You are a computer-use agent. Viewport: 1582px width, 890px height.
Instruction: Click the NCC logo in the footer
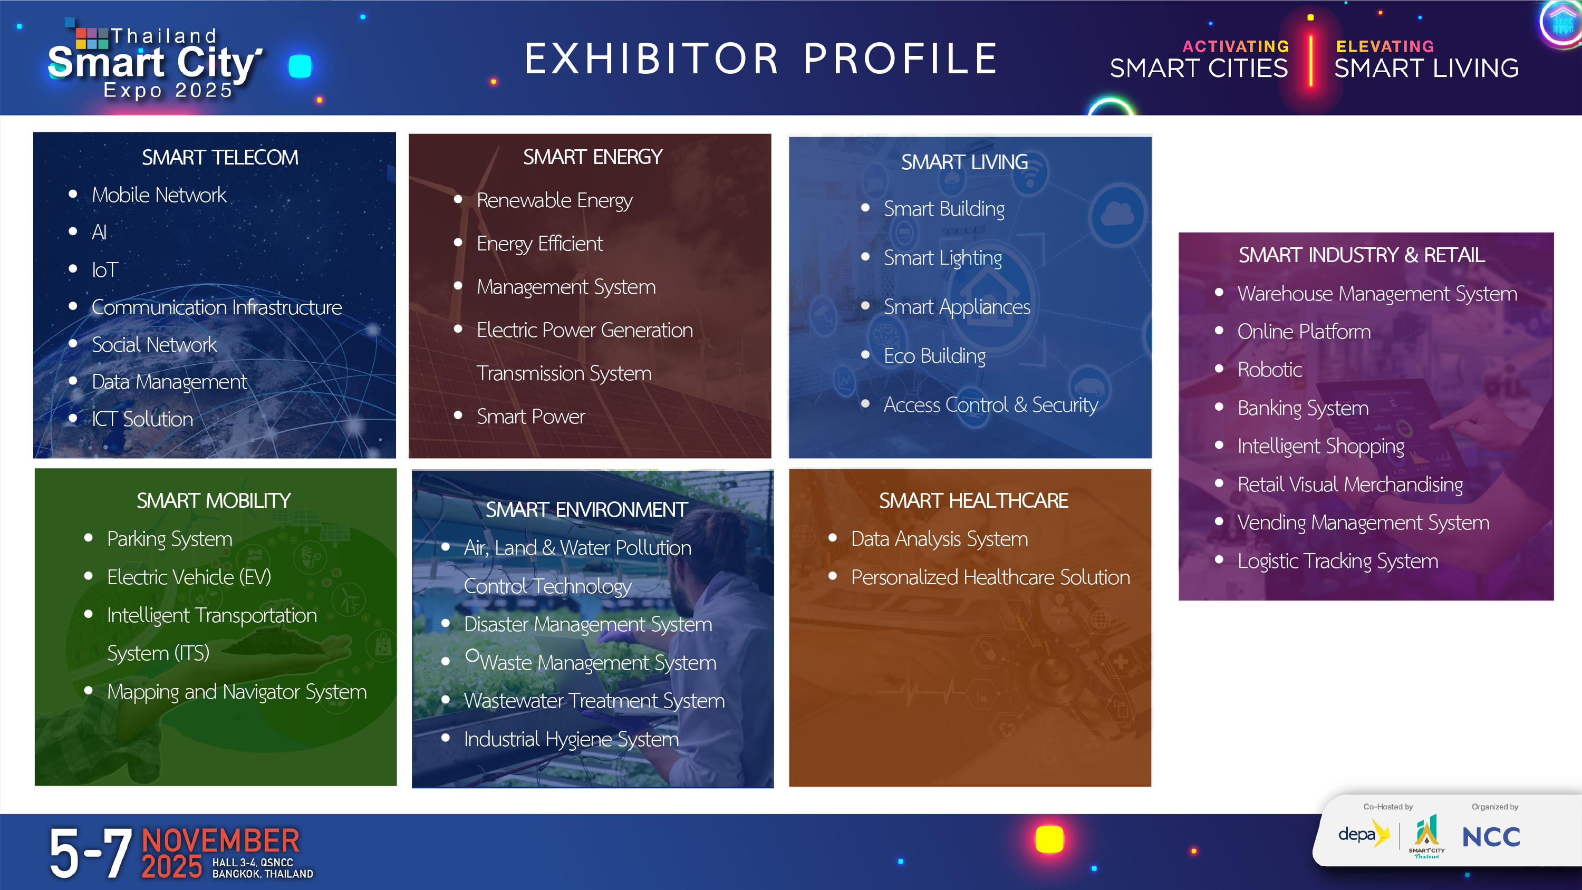click(x=1491, y=837)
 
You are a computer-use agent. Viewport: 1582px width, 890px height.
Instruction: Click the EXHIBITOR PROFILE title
click(x=761, y=59)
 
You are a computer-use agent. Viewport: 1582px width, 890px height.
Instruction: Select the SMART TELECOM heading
click(x=220, y=158)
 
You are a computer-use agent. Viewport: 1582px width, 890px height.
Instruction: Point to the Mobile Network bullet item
click(x=159, y=195)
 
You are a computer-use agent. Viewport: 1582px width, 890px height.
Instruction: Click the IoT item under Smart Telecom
click(x=105, y=270)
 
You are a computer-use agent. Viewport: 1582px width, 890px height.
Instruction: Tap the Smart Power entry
click(x=531, y=417)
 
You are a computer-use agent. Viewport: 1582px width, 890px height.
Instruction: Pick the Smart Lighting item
click(x=943, y=258)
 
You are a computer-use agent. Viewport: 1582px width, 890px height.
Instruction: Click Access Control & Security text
click(x=990, y=405)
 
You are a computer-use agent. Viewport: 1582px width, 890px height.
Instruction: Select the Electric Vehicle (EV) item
click(x=189, y=577)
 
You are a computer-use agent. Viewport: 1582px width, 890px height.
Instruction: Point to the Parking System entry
click(x=169, y=539)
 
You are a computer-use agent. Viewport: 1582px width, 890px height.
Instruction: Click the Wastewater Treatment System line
click(x=594, y=701)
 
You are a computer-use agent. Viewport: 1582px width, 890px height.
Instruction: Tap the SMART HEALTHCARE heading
click(x=973, y=501)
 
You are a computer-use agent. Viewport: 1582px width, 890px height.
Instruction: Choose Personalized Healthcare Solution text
click(x=990, y=578)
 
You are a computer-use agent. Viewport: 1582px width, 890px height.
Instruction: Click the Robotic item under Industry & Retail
click(x=1269, y=370)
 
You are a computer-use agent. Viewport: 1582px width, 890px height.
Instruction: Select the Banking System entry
click(x=1303, y=409)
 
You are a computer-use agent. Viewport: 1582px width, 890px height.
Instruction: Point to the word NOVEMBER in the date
click(x=221, y=840)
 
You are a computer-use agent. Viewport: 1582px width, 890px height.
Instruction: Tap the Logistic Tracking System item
click(x=1337, y=562)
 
